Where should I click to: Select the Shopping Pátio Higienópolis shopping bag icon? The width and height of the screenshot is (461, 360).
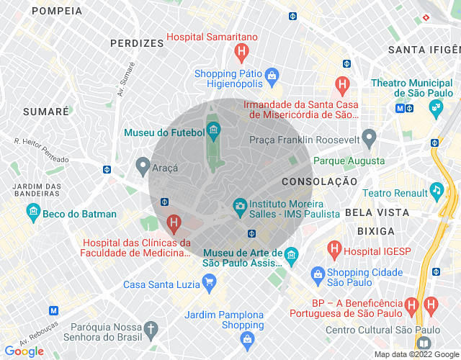click(x=272, y=74)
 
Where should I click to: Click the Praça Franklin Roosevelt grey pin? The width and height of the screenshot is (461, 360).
click(x=369, y=136)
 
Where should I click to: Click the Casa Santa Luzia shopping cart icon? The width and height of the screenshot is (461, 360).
click(x=209, y=283)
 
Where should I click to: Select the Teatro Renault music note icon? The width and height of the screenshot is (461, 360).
click(x=436, y=191)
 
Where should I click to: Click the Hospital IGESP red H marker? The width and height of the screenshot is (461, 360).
click(x=334, y=251)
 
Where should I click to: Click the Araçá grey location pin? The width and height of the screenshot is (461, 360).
click(x=143, y=166)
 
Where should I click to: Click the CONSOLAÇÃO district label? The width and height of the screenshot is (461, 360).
click(x=319, y=182)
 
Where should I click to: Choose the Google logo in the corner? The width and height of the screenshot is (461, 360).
click(x=24, y=351)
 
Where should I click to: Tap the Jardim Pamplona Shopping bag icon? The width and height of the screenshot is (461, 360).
click(x=247, y=338)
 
